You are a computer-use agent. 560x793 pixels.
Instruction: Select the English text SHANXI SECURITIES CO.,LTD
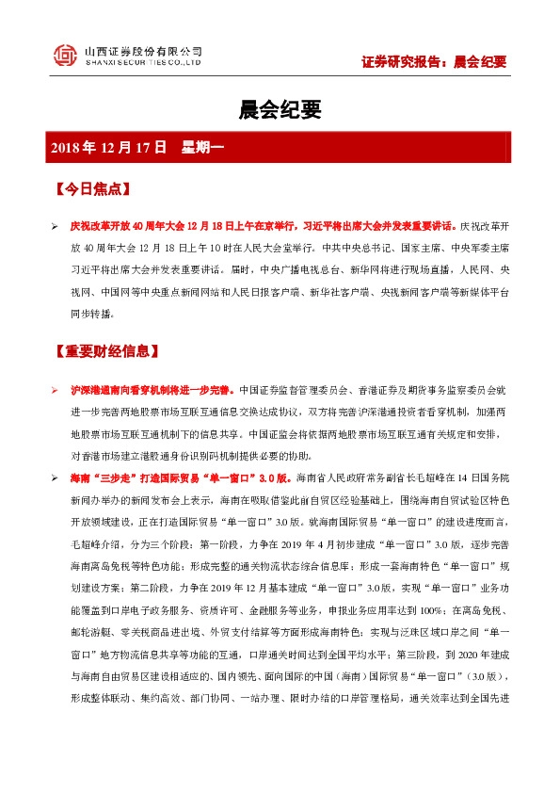143,63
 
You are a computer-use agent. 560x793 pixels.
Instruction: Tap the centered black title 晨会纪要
280,111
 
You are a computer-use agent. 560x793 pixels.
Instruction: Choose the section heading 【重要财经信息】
106,350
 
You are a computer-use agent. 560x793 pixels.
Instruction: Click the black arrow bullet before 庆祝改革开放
54,228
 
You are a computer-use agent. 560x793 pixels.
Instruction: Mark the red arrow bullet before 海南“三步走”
54,478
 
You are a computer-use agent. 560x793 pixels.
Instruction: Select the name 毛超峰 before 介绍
84,544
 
